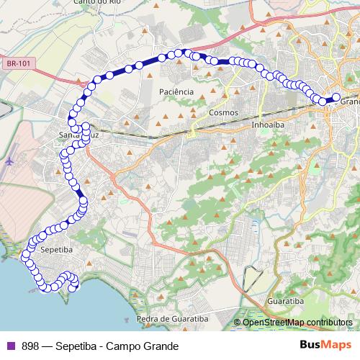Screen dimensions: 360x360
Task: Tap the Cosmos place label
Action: click(x=222, y=113)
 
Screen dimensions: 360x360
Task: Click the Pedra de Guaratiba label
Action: click(x=172, y=318)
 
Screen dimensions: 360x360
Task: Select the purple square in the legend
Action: click(x=9, y=346)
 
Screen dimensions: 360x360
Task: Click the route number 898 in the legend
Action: click(x=30, y=346)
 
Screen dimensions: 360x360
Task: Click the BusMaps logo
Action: click(x=320, y=345)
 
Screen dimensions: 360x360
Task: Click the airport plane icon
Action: click(x=10, y=161)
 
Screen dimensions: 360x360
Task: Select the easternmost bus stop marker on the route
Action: click(x=336, y=97)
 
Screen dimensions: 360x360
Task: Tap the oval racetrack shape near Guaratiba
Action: click(x=254, y=277)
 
